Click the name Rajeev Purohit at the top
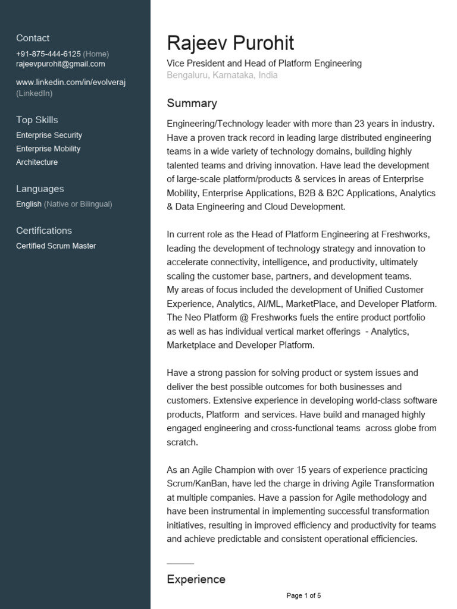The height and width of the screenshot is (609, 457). click(230, 43)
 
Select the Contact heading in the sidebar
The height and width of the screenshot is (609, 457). click(33, 38)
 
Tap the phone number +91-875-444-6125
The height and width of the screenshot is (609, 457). click(48, 54)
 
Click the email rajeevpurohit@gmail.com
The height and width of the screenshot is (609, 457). click(60, 64)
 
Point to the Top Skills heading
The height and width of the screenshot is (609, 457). click(37, 120)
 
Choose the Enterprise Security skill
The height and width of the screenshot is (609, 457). click(49, 135)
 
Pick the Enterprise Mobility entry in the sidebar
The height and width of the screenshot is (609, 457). click(48, 149)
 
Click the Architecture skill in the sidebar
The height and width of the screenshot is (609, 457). click(37, 162)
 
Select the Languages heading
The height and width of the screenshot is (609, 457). click(40, 189)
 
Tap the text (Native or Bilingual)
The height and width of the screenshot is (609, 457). click(78, 204)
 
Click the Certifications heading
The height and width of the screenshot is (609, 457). click(44, 230)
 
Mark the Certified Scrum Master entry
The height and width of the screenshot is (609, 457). click(56, 246)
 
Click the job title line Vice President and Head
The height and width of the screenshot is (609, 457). click(264, 63)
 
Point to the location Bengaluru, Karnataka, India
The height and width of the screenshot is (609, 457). click(222, 75)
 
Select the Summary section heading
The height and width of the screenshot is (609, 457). click(192, 103)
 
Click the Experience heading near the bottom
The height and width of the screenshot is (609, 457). click(196, 579)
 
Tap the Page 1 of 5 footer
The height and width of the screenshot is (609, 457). click(303, 595)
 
